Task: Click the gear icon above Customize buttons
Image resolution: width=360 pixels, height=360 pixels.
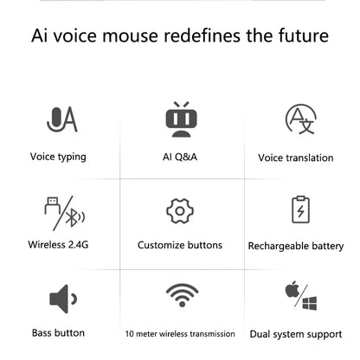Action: click(179, 210)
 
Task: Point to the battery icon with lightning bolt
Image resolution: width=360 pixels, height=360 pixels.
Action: click(299, 210)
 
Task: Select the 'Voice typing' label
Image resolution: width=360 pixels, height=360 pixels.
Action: click(58, 157)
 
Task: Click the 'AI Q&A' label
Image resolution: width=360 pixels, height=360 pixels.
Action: click(179, 157)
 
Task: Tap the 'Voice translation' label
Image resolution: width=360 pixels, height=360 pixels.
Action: click(295, 158)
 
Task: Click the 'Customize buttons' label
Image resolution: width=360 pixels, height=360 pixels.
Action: click(179, 245)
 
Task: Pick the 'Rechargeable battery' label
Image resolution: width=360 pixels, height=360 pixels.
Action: click(295, 247)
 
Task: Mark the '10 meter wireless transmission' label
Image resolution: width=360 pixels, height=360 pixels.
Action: click(180, 333)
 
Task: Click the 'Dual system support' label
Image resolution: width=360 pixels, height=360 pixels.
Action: click(296, 334)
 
